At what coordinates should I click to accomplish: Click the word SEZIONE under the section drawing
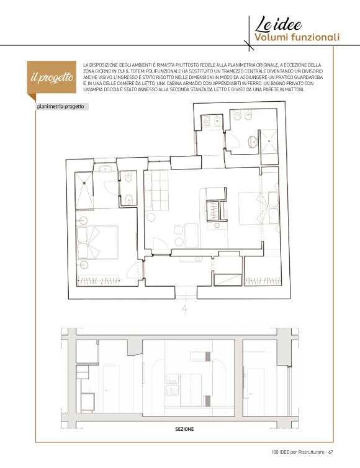[x=184, y=429]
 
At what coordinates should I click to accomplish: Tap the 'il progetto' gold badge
[x=52, y=78]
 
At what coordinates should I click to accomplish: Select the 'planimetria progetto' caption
[x=61, y=107]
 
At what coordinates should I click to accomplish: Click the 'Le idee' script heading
[x=278, y=24]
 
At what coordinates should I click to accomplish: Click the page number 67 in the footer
[x=330, y=452]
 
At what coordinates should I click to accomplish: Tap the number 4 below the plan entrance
[x=185, y=310]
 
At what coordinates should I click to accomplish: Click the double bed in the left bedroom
[x=97, y=242]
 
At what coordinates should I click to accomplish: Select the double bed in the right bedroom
[x=258, y=208]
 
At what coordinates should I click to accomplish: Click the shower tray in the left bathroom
[x=84, y=190]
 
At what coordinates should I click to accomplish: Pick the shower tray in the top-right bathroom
[x=269, y=142]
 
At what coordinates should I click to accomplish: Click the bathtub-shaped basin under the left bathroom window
[x=105, y=169]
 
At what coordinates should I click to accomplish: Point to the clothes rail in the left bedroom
[x=99, y=281]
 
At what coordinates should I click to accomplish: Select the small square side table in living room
[x=179, y=230]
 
